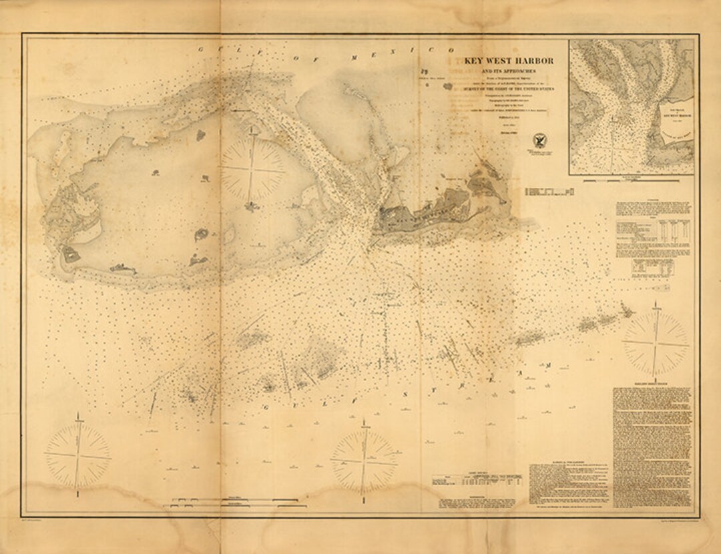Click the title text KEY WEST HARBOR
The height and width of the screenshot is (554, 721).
(x=506, y=61)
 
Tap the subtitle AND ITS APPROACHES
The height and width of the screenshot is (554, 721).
(x=506, y=71)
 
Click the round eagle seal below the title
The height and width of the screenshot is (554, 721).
(x=540, y=141)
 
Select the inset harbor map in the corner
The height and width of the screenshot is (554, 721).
(x=631, y=107)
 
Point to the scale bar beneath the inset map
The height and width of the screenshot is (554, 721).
(x=631, y=180)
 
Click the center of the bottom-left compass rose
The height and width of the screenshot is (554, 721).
(x=78, y=456)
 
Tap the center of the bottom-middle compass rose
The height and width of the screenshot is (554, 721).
(x=365, y=460)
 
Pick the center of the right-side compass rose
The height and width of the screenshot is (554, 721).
(x=656, y=343)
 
